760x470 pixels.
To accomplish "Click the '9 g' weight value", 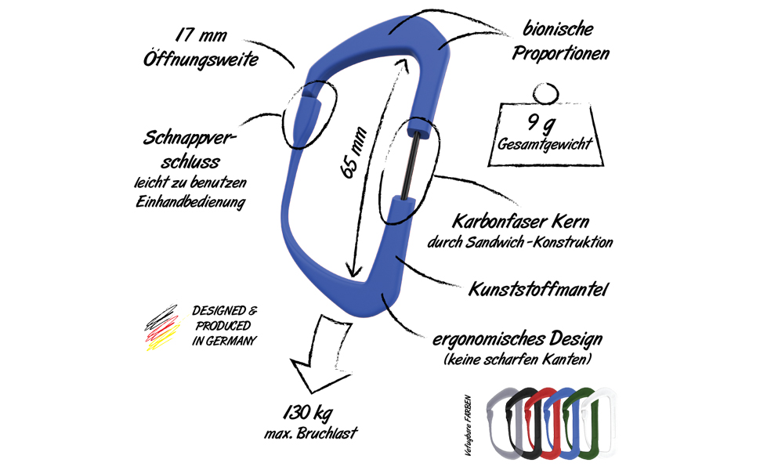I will (546, 121).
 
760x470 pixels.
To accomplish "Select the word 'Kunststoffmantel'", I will (538, 290).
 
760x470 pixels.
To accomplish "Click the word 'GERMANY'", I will (223, 341).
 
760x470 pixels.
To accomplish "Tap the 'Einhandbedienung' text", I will (191, 203).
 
